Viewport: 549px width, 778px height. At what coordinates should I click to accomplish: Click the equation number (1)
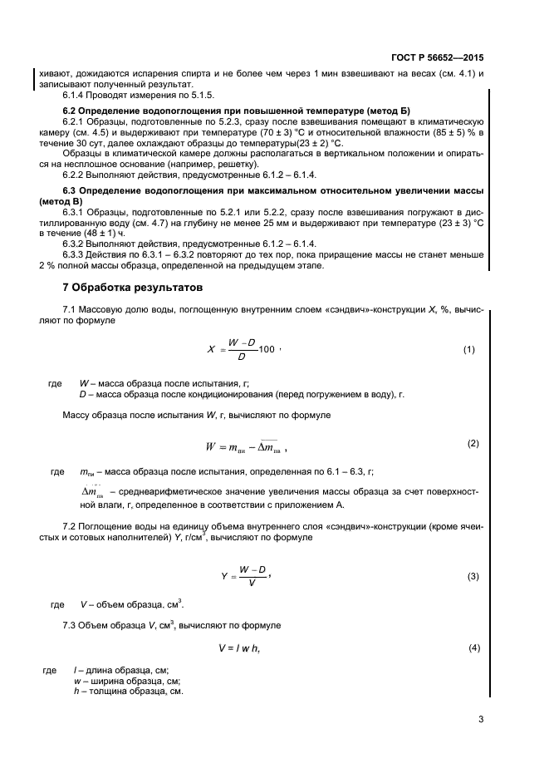[468, 350]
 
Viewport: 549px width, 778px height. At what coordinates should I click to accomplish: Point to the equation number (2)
[473, 443]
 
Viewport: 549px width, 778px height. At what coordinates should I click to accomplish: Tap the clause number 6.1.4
[78, 95]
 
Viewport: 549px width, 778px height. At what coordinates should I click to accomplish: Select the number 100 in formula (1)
[266, 350]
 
